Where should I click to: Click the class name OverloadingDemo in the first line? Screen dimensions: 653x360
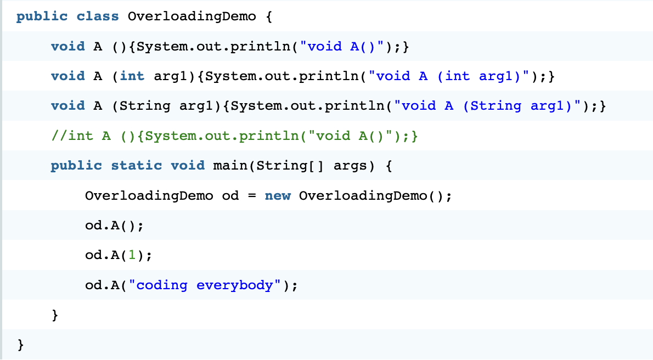click(192, 16)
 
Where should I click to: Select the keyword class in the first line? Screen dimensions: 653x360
click(98, 16)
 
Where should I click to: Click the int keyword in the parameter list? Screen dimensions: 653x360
click(132, 76)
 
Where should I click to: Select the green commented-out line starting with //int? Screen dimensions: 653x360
click(234, 136)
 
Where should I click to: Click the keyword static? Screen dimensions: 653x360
click(136, 165)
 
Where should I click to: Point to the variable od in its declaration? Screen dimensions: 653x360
click(230, 195)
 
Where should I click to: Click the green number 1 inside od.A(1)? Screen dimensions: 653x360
click(132, 255)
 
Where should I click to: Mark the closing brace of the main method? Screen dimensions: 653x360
click(54, 315)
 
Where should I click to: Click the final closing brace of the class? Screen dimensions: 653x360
click(21, 345)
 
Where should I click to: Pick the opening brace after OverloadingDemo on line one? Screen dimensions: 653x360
click(269, 16)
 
